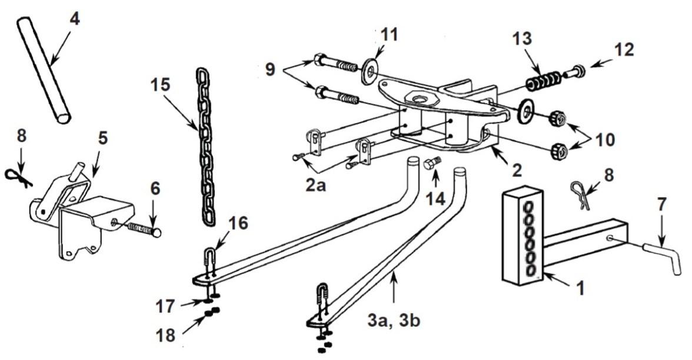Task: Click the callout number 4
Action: [x=75, y=19]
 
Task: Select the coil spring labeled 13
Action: [x=543, y=79]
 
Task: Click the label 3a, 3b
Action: [x=393, y=321]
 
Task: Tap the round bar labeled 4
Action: [x=44, y=69]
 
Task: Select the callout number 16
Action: [x=238, y=224]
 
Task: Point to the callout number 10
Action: [x=605, y=139]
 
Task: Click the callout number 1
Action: [x=581, y=288]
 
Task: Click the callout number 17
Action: [x=165, y=306]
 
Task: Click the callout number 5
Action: [x=102, y=138]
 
